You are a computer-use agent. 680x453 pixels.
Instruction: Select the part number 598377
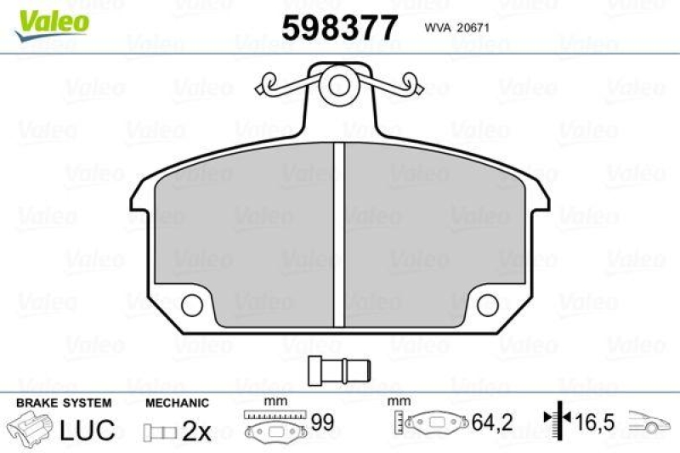[x=339, y=29]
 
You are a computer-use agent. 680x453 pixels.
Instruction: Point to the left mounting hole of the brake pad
[x=193, y=303]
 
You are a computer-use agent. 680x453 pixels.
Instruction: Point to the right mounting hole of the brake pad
[x=487, y=303]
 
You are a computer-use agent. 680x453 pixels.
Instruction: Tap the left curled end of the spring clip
[x=268, y=83]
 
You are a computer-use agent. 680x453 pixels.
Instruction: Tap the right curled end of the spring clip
[x=413, y=83]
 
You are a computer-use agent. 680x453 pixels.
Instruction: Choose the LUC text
[x=87, y=430]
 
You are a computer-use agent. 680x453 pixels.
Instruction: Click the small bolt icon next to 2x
[x=159, y=432]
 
